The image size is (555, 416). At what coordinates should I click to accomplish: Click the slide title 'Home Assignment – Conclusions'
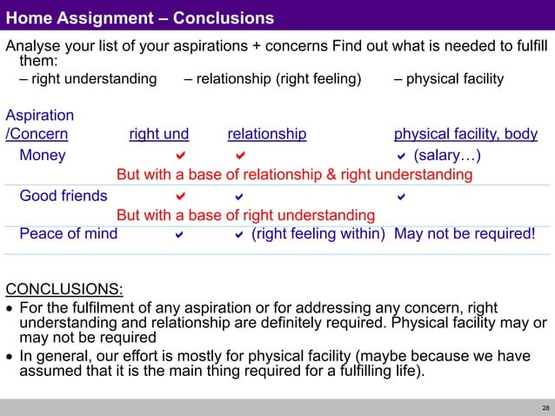point(140,18)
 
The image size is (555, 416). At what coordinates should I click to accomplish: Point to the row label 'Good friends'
point(64,196)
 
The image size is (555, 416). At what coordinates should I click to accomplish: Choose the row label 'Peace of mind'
point(68,233)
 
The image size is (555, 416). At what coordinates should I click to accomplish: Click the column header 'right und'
point(158,134)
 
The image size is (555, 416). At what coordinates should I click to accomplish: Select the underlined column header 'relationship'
point(266,134)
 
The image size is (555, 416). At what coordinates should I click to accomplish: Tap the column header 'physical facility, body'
point(465,134)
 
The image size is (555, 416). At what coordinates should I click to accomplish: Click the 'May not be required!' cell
point(465,233)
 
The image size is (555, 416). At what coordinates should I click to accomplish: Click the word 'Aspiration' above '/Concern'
point(40,115)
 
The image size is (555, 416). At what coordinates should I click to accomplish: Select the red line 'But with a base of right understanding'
point(246,215)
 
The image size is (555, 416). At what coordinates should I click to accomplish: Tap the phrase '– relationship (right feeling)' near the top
point(272,79)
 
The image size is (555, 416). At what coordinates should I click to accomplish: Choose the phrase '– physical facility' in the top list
point(448,79)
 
